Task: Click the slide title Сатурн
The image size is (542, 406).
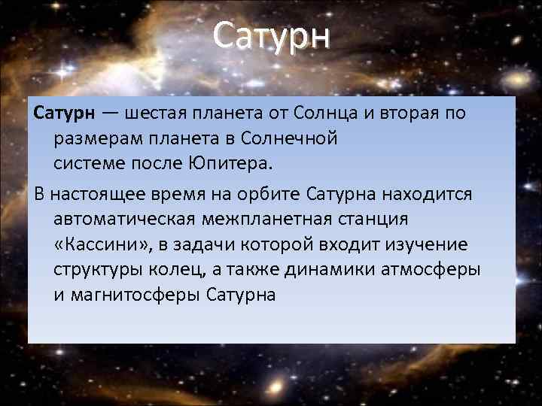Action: pos(271,35)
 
